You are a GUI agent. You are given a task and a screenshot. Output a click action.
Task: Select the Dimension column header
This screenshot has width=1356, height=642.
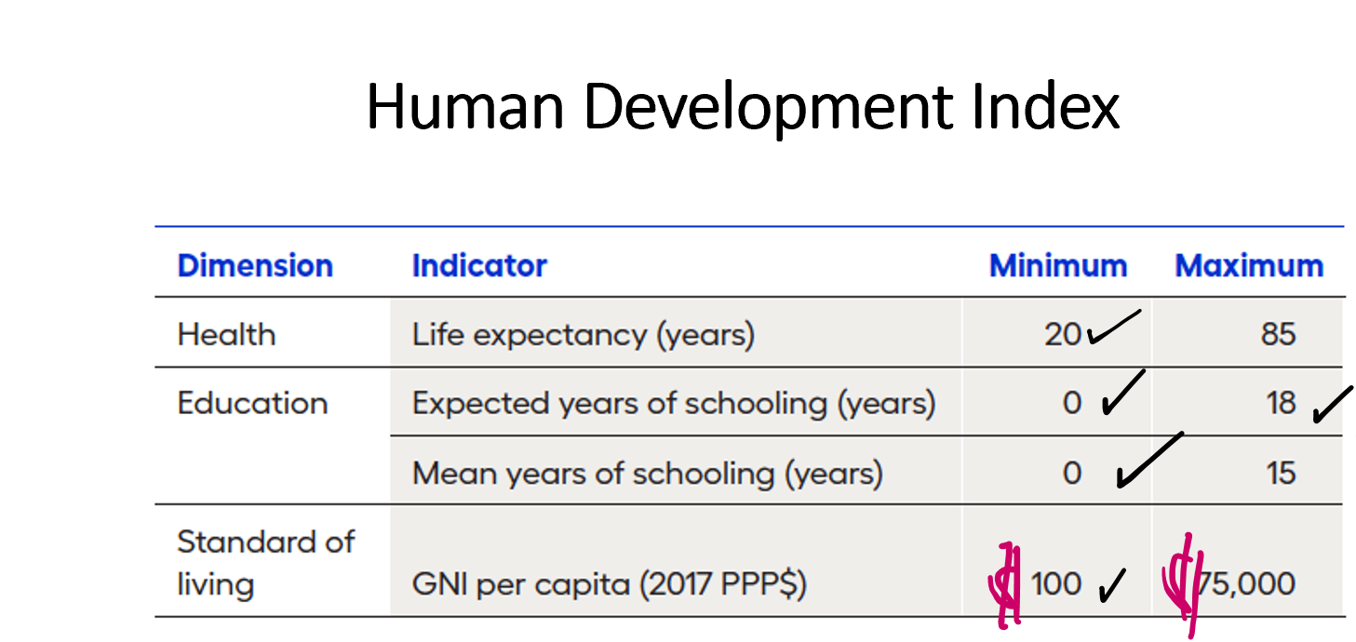[255, 266]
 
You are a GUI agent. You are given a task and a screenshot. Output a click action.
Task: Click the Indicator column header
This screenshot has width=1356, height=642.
[479, 266]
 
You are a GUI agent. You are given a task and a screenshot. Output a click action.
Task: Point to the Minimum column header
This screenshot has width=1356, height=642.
[1058, 266]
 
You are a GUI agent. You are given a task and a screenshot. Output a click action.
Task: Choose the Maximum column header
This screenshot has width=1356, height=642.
[1249, 266]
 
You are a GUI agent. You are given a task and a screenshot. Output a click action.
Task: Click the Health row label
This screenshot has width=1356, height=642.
[226, 334]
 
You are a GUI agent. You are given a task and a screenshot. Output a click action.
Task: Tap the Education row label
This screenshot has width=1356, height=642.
[252, 403]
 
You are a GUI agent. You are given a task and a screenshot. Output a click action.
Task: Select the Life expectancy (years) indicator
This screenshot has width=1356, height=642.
[583, 334]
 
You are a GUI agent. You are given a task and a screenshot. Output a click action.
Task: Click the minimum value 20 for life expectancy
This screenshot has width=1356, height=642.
[1063, 334]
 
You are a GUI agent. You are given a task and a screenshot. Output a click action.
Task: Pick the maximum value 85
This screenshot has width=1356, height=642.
[1278, 334]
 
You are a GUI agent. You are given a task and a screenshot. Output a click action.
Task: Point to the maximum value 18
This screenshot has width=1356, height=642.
[1281, 403]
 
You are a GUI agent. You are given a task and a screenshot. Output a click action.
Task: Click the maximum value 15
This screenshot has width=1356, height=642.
[1281, 473]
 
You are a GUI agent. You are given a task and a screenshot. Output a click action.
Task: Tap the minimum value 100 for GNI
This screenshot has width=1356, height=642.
[1056, 584]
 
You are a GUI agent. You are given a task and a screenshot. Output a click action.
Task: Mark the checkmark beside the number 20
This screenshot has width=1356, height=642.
[1112, 328]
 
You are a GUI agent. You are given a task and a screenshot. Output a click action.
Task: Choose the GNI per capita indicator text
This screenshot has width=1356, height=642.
[609, 584]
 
